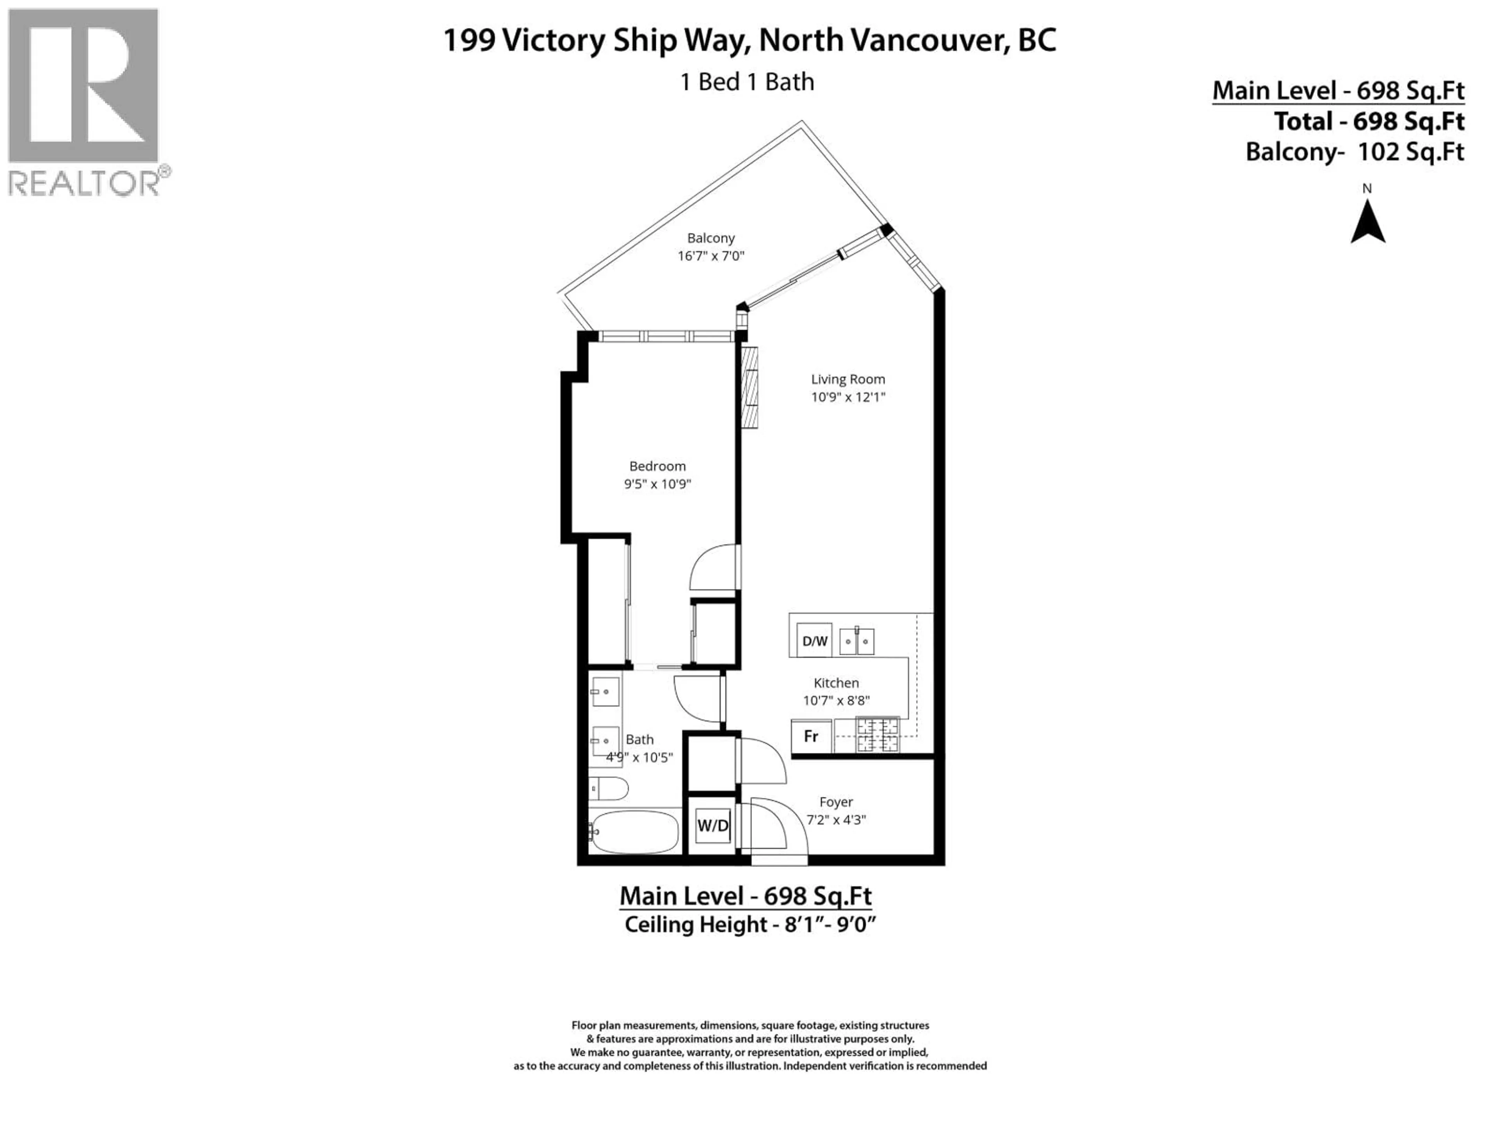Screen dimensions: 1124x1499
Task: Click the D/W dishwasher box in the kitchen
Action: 814,641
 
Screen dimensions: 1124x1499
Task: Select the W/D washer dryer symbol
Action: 713,825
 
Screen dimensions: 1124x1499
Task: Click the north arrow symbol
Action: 1367,224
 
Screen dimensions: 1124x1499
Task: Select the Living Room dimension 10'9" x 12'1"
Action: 848,397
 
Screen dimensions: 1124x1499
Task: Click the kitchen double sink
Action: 856,641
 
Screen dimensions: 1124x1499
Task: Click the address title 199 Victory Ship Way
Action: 749,40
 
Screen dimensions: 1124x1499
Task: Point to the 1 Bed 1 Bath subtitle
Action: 747,82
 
